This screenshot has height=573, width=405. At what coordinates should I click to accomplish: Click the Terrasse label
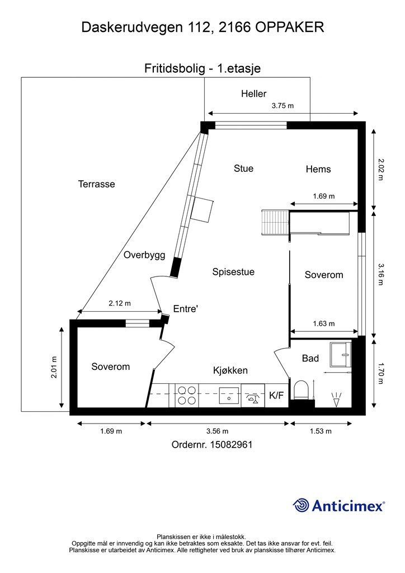[x=96, y=184]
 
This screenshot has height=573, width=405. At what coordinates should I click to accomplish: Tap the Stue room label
[x=243, y=168]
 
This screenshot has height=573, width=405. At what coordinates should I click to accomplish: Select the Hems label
[x=318, y=169]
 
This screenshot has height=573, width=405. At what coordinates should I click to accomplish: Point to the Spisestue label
[x=233, y=272]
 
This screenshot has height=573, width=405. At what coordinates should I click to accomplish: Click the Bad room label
[x=310, y=359]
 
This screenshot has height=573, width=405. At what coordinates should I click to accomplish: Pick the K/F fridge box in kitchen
[x=276, y=395]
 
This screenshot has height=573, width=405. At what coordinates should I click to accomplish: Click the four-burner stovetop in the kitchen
[x=187, y=396]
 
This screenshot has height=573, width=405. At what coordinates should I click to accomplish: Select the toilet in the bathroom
[x=302, y=389]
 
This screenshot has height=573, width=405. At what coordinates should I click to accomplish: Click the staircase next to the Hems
[x=275, y=222]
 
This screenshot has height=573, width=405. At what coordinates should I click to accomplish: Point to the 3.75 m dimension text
[x=282, y=106]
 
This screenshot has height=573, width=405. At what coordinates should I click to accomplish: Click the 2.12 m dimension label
[x=120, y=303]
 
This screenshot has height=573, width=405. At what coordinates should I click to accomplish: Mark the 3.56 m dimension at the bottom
[x=217, y=431]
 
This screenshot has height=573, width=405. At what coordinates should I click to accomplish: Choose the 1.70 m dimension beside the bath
[x=380, y=373]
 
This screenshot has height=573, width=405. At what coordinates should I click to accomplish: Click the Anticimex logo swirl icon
[x=301, y=505]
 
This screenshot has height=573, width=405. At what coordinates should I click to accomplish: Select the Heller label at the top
[x=254, y=94]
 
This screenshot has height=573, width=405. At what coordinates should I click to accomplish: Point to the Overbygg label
[x=144, y=255]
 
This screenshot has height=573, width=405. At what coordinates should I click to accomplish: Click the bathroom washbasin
[x=340, y=354]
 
